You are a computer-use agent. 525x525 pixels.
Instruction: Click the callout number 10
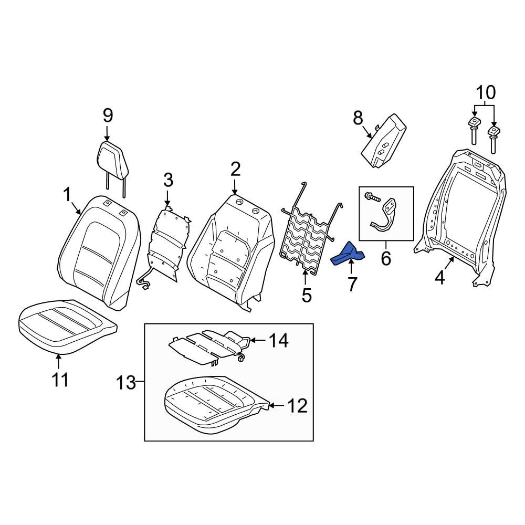click(486, 93)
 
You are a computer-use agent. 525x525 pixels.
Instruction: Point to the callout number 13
click(127, 383)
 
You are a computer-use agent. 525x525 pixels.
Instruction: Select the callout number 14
click(278, 341)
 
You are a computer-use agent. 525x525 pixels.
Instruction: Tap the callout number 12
click(297, 405)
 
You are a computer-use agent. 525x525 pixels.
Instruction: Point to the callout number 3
click(167, 181)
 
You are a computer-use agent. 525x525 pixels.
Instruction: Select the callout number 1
click(67, 195)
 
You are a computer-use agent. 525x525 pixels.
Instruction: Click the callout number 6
click(386, 259)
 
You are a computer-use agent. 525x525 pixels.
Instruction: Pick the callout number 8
click(358, 118)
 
